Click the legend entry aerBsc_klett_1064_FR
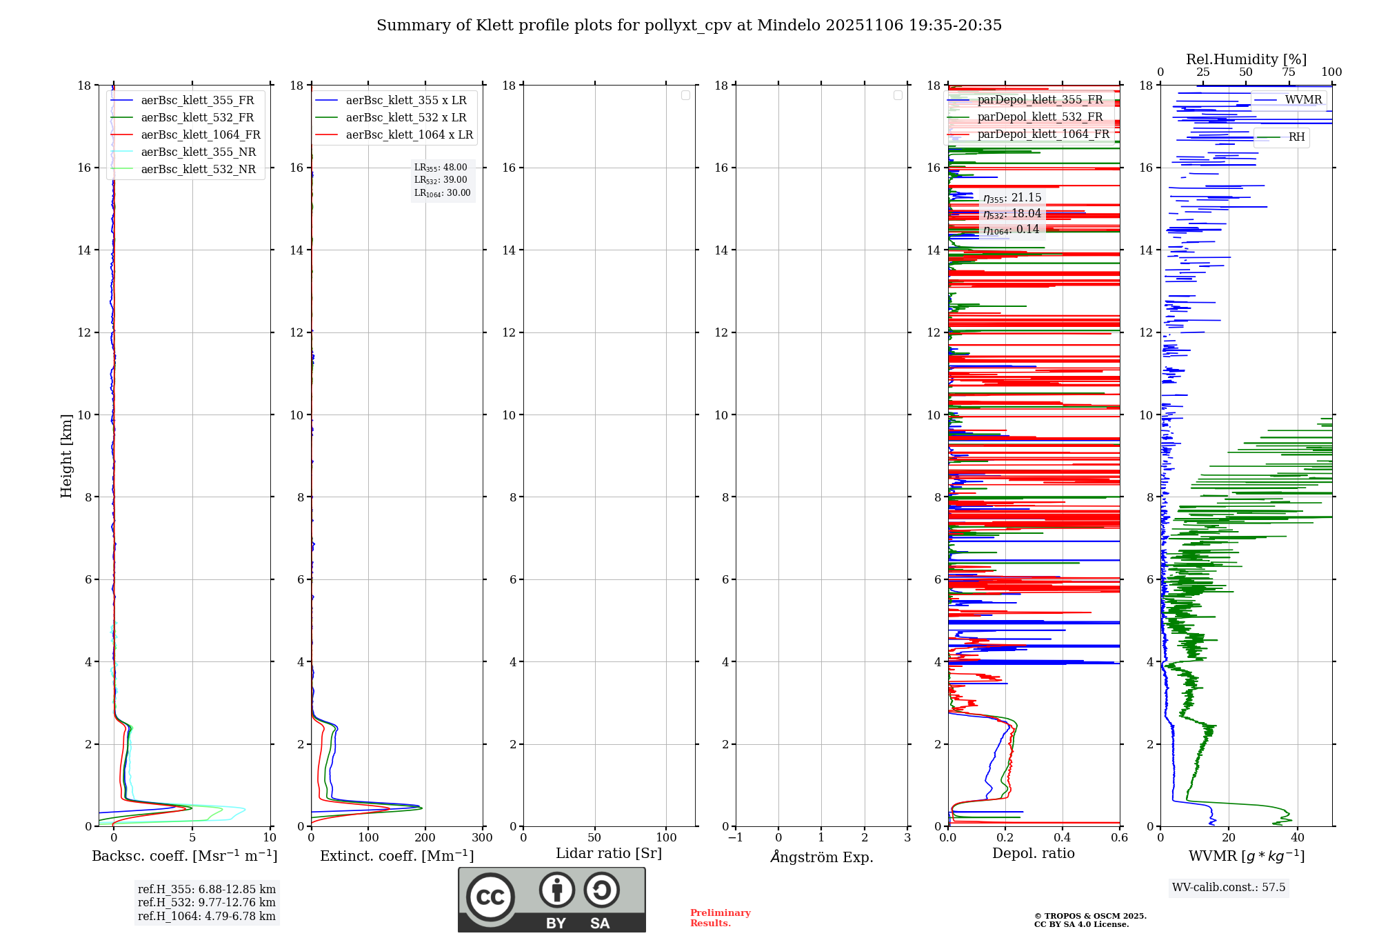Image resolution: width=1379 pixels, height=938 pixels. [201, 135]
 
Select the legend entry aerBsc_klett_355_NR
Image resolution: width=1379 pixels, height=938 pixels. [198, 152]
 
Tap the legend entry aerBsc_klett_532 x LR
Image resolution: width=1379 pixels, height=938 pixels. [405, 118]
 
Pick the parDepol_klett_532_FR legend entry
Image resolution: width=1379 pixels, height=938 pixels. [1040, 117]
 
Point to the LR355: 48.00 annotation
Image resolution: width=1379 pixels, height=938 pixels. [441, 168]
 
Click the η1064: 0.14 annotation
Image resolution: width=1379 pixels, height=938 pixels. [1011, 230]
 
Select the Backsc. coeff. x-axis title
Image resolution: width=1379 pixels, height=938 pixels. [184, 856]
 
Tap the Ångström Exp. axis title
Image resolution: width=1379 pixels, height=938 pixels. [821, 857]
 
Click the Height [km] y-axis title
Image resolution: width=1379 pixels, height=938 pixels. [66, 456]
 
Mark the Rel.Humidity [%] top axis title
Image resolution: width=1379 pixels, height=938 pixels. [1246, 59]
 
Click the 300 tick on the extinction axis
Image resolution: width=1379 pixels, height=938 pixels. [482, 838]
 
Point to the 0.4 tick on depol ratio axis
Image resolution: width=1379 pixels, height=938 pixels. [1063, 838]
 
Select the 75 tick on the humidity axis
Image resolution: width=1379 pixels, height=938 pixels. [1288, 72]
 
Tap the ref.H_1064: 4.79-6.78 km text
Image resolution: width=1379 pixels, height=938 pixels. [206, 917]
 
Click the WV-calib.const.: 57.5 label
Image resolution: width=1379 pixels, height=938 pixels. [1229, 888]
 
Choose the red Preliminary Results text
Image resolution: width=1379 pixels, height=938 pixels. [720, 918]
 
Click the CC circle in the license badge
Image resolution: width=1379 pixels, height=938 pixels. [490, 897]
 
